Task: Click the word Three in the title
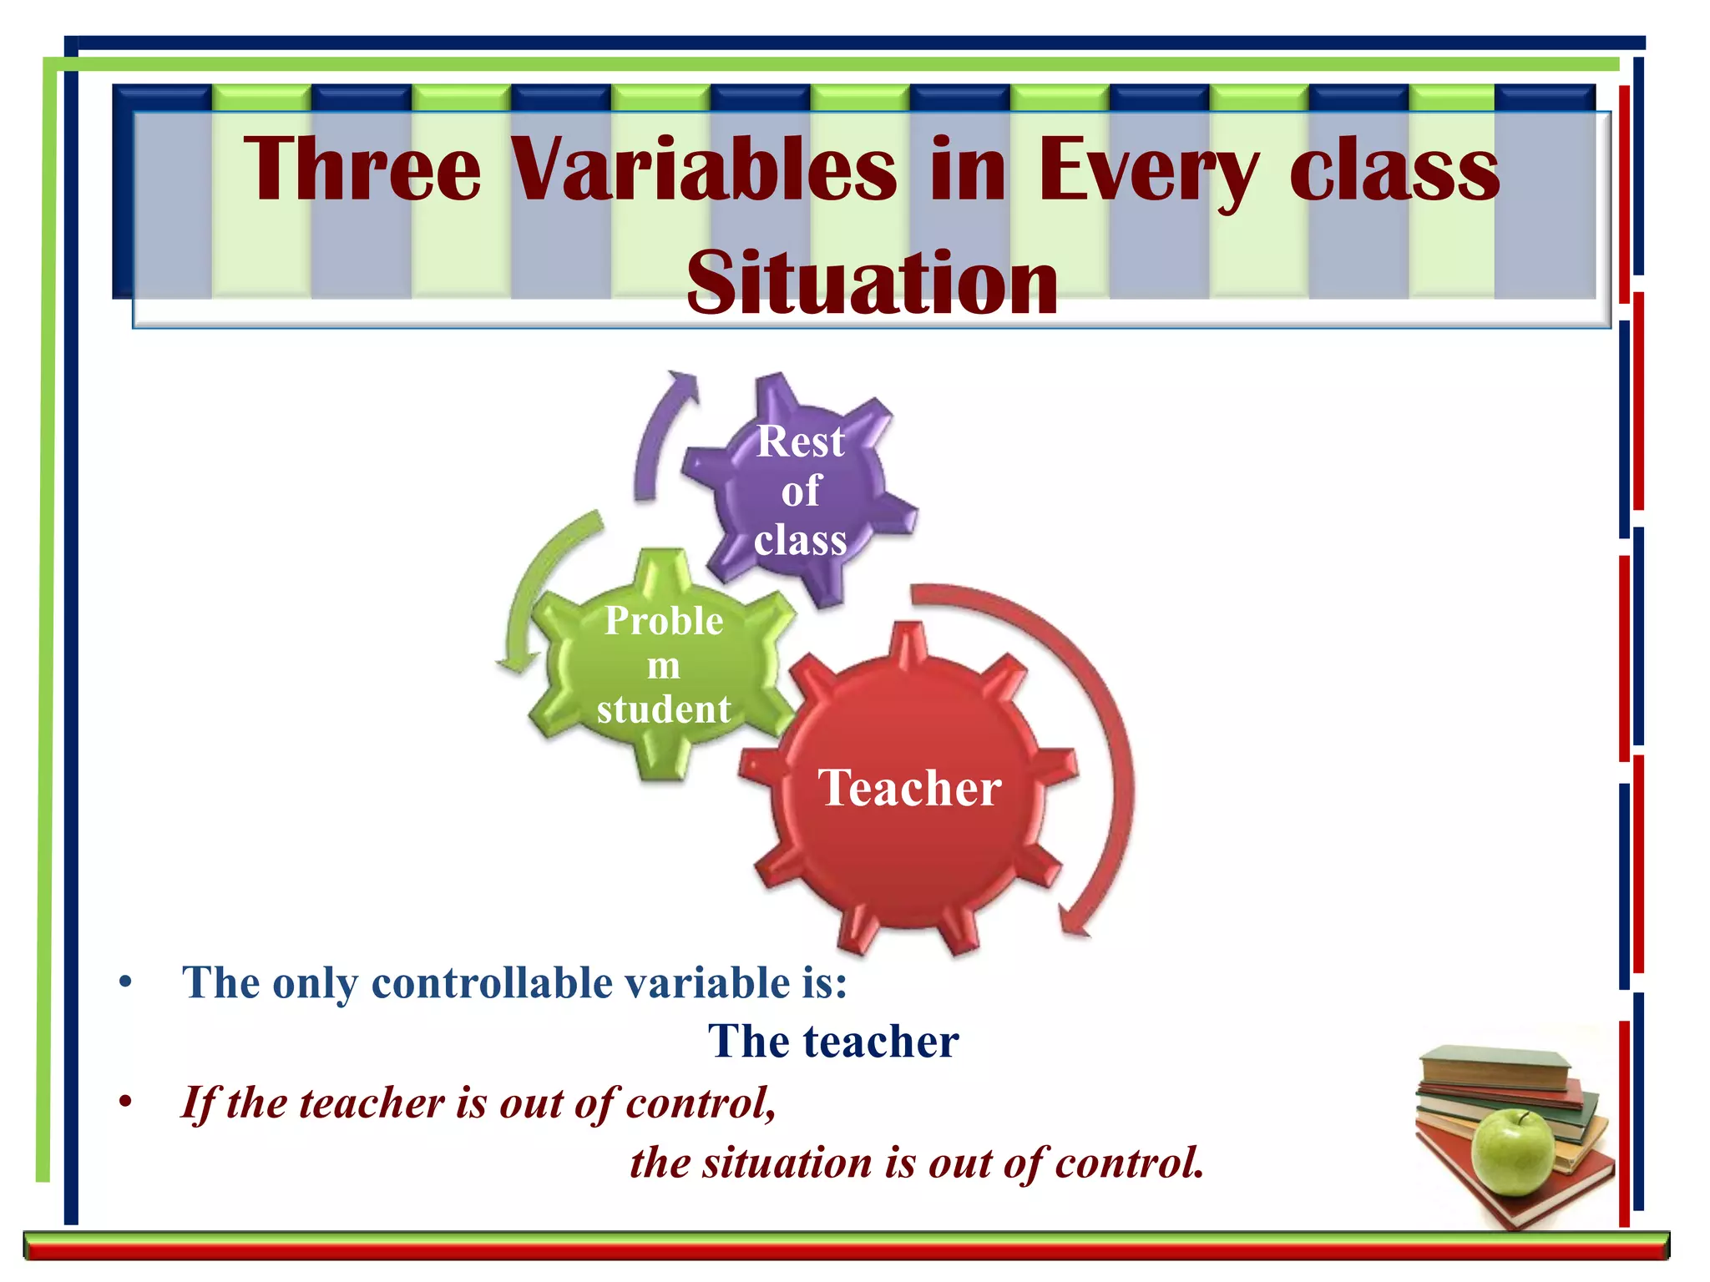362,169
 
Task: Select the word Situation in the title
872,284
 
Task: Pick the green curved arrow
543,584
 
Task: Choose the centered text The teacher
833,1042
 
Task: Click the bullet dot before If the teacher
125,1103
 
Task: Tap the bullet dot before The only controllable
125,982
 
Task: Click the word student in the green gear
664,709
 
